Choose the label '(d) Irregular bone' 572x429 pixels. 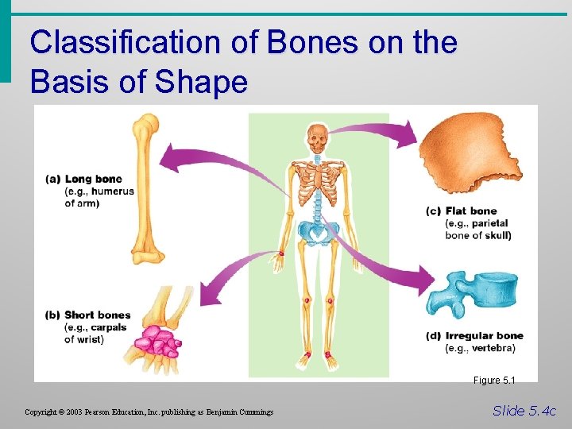[x=474, y=336]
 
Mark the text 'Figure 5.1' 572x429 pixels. [x=494, y=381]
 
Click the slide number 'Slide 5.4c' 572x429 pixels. [x=524, y=411]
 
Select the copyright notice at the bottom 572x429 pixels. [x=149, y=412]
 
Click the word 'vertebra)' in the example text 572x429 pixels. [x=493, y=349]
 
